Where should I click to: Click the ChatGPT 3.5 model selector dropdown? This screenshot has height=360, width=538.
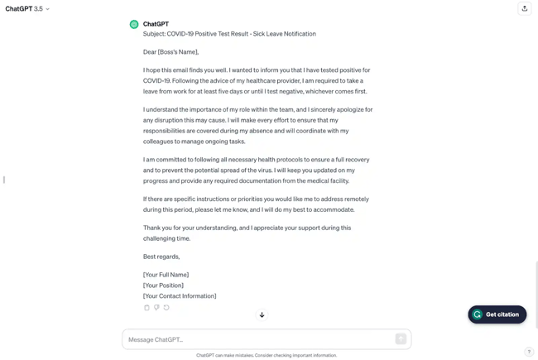pos(27,9)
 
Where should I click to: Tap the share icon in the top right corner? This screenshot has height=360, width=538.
pos(524,9)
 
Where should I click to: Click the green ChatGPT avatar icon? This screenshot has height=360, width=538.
pos(134,25)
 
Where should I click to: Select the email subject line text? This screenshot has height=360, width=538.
pos(229,34)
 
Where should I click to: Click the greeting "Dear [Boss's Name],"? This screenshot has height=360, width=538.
pos(171,52)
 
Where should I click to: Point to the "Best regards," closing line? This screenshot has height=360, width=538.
pos(161,257)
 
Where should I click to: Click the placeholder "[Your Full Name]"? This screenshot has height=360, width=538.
pos(166,275)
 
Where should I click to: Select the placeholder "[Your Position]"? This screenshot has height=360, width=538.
pos(163,286)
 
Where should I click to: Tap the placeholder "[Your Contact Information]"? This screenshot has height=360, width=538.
pos(180,296)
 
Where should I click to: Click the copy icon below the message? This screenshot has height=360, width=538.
pos(147,308)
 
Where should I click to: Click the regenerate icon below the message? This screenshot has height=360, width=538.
pos(166,308)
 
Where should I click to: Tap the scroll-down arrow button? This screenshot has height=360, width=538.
pos(262,315)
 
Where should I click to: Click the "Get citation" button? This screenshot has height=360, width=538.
pos(497,314)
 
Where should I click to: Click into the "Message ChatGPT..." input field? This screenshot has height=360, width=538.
pos(257,339)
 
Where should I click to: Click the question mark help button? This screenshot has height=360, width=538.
pos(529,352)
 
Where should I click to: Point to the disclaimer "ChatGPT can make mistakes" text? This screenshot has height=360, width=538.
pos(267,356)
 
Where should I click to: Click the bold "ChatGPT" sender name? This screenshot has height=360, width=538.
pos(156,24)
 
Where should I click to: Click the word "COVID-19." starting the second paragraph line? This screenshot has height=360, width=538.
pos(156,81)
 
